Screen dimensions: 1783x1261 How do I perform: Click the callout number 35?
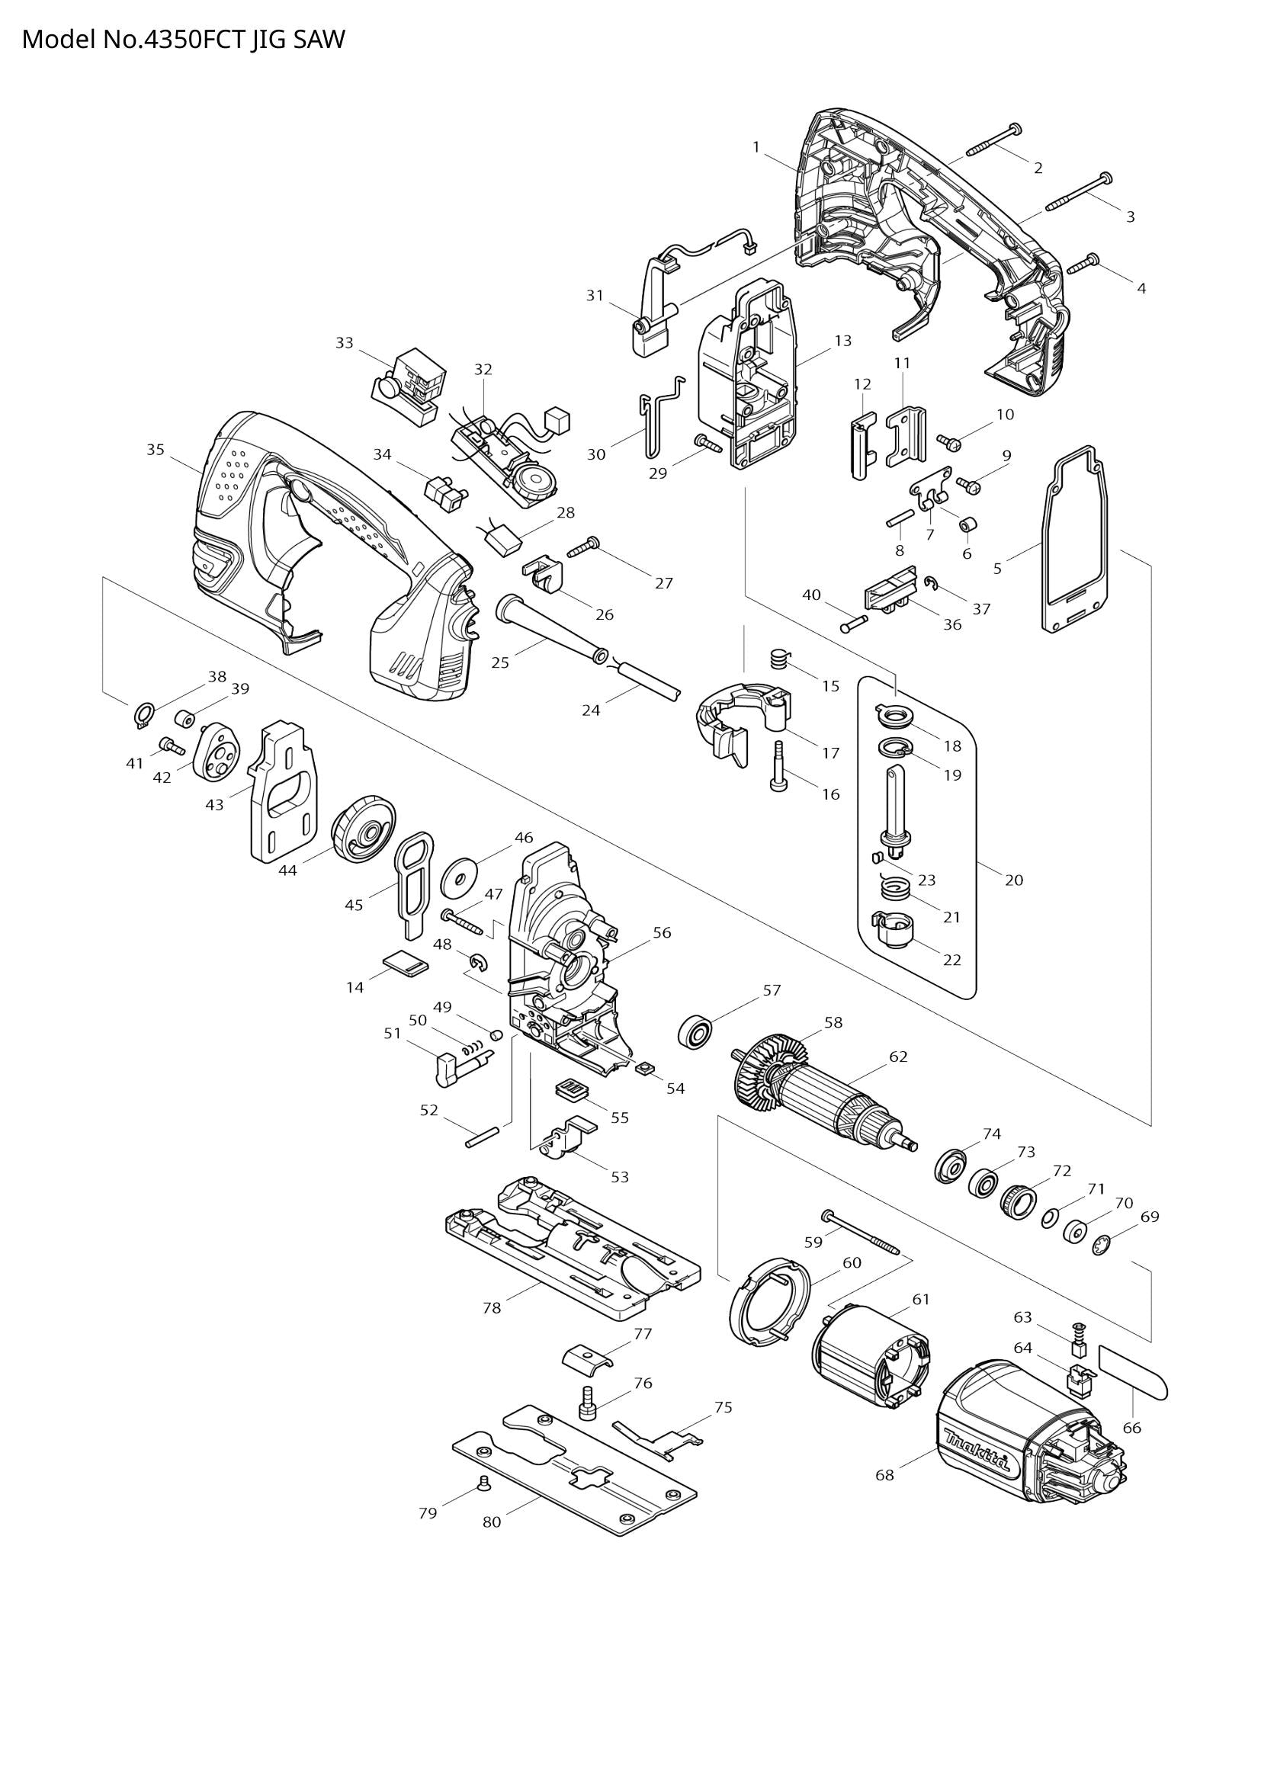point(156,450)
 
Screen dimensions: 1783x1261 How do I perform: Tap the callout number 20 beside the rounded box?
point(1014,880)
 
